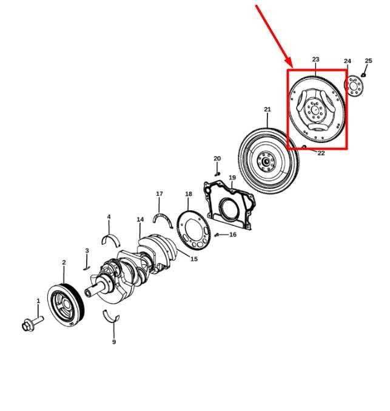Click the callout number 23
pos(315,59)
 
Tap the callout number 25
pos(369,61)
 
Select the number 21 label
pos(267,109)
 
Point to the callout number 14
pos(140,219)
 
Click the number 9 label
pos(114,342)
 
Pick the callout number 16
pos(233,235)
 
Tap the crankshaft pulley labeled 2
pos(66,306)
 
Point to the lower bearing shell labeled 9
pos(111,316)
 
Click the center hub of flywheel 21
pos(266,161)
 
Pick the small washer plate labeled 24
pos(354,85)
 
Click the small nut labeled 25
pos(363,75)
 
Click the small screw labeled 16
pos(217,235)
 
